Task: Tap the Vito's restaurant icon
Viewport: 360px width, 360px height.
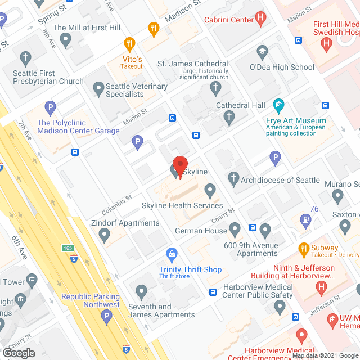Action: pos(130,43)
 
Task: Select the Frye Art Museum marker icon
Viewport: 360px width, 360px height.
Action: pos(278,105)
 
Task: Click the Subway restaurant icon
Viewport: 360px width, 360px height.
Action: pos(304,248)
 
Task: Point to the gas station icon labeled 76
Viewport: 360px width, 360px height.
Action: pos(305,219)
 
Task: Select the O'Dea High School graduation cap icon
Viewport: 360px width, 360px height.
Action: pos(262,52)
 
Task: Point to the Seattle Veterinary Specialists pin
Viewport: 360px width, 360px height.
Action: pos(98,88)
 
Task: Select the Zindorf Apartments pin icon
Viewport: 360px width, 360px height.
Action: pos(103,236)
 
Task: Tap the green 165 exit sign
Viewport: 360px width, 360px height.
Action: pos(68,247)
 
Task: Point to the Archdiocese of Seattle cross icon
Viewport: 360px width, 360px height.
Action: pos(233,180)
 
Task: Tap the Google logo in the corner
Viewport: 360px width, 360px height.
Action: pos(19,353)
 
